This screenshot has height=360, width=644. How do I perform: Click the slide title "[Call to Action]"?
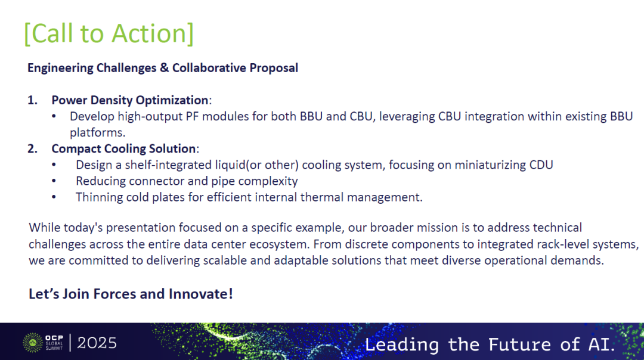tap(109, 33)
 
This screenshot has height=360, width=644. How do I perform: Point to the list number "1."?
tap(32, 100)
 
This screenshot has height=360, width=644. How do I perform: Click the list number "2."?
tap(32, 148)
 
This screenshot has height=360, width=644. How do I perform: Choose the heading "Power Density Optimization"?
tap(130, 101)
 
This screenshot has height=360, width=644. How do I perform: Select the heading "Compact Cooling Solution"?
tap(123, 148)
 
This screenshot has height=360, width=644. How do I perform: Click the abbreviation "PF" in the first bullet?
tap(192, 117)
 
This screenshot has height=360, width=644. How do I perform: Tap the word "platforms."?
tap(97, 133)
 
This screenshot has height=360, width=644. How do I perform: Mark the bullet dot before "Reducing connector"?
tap(54, 181)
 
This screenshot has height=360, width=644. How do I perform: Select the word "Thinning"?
tap(99, 197)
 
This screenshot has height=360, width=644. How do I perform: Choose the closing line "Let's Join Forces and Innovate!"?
tap(131, 294)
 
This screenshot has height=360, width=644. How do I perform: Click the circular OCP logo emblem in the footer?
tap(33, 343)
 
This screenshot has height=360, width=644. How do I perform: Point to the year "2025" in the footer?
tap(97, 343)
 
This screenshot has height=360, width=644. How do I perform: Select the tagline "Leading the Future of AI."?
tap(490, 345)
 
